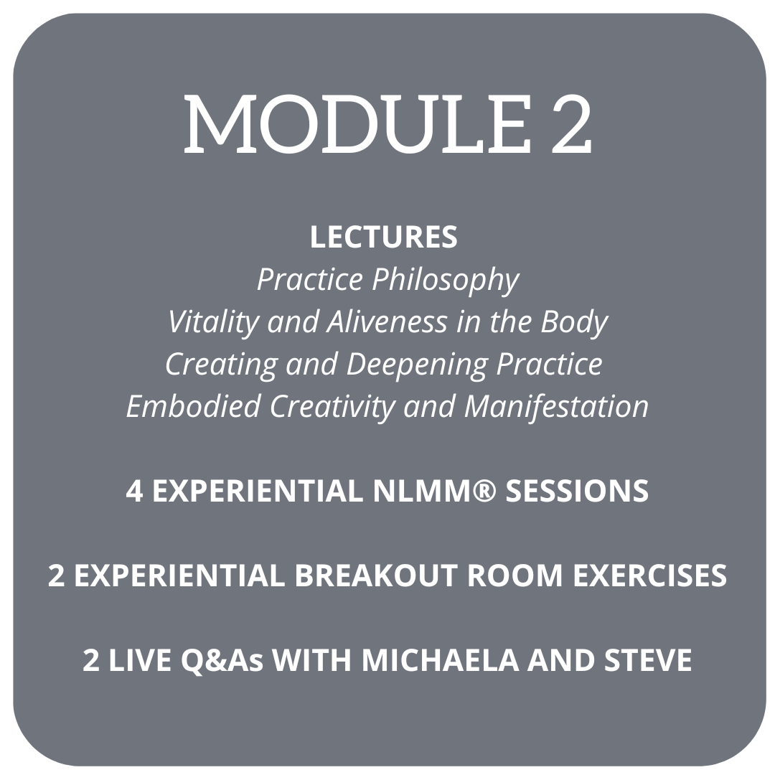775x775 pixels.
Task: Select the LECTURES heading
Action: pyautogui.click(x=383, y=237)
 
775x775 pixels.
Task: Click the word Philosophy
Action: pyautogui.click(x=446, y=281)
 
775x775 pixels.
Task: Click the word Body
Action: pyautogui.click(x=574, y=323)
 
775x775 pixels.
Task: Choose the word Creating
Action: pyautogui.click(x=222, y=365)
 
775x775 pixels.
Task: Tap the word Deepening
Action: pyautogui.click(x=416, y=365)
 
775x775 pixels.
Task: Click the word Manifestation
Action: pyautogui.click(x=556, y=406)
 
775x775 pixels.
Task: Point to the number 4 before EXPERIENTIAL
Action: pyautogui.click(x=134, y=492)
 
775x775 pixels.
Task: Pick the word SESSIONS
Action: pyautogui.click(x=577, y=492)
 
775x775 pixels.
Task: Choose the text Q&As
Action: pyautogui.click(x=222, y=660)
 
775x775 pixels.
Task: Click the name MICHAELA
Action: pyautogui.click(x=441, y=660)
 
